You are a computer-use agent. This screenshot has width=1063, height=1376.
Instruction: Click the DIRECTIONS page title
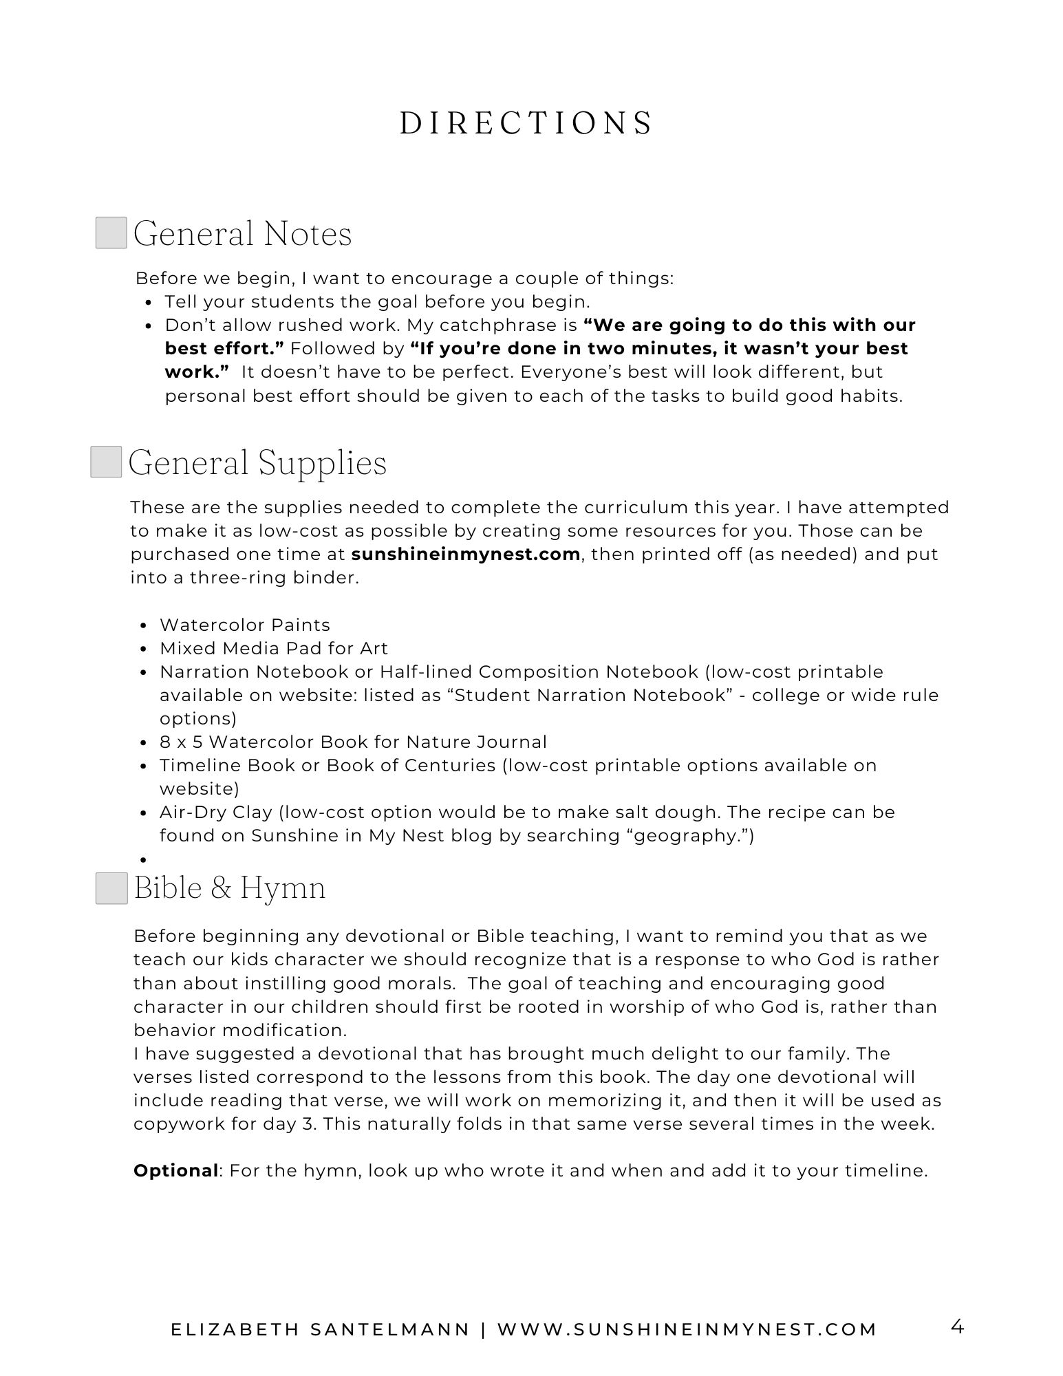click(x=526, y=124)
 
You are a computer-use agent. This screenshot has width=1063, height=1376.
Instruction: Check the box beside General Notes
click(x=111, y=233)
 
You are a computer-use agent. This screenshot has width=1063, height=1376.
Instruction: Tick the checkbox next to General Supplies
click(x=106, y=462)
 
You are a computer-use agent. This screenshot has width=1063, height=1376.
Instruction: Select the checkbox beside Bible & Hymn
click(x=111, y=888)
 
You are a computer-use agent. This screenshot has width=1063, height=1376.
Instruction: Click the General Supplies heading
click(x=257, y=462)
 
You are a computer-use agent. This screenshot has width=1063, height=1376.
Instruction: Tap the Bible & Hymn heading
click(x=230, y=888)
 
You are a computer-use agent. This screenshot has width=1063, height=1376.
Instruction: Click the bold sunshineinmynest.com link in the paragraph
click(x=465, y=555)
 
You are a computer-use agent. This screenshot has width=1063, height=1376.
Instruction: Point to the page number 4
click(x=956, y=1326)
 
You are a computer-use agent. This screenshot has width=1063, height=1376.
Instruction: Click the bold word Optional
click(x=175, y=1171)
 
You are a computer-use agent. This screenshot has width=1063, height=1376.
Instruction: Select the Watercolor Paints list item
click(x=245, y=625)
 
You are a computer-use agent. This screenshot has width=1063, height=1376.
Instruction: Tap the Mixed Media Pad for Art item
click(x=274, y=648)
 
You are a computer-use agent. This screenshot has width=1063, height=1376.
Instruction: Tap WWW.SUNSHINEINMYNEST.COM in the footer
click(x=687, y=1329)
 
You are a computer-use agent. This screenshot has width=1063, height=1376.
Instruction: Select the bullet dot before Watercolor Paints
click(x=144, y=626)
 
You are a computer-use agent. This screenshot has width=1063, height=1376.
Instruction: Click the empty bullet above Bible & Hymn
click(x=144, y=860)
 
